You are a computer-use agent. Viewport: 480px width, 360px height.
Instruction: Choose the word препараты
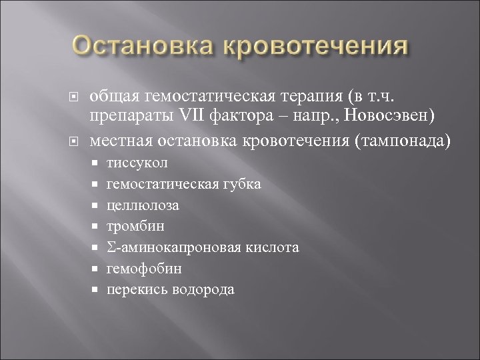click(x=129, y=117)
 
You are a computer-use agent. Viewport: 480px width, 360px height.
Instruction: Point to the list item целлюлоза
click(x=143, y=205)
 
